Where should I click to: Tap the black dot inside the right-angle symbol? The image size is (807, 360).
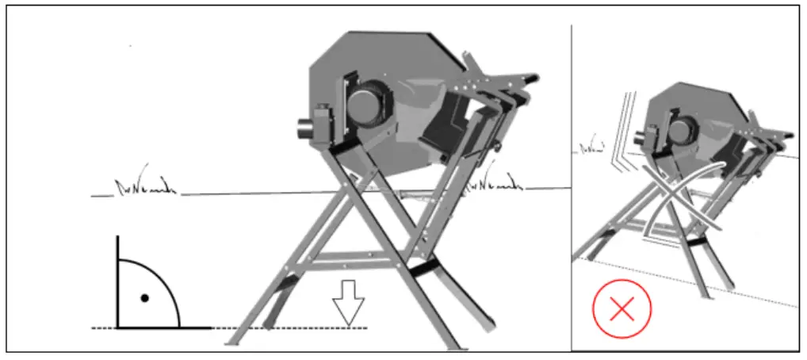(x=144, y=298)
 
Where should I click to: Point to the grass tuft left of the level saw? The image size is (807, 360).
(x=136, y=189)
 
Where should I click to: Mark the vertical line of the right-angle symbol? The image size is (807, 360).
(x=117, y=281)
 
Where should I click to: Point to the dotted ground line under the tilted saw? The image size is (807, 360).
(x=690, y=281)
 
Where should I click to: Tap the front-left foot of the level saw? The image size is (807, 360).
(x=235, y=340)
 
